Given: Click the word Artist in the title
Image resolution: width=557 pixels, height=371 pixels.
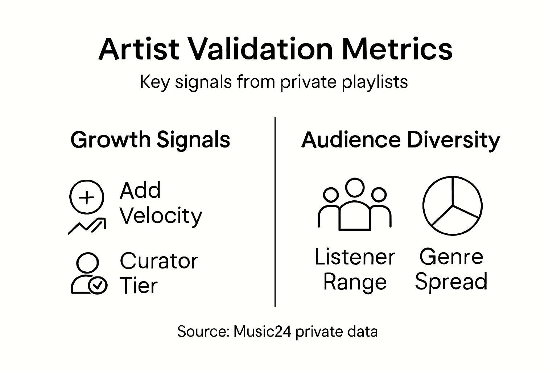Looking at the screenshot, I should (x=139, y=49).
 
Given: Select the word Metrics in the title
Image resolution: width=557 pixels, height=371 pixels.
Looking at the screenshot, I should (x=397, y=49).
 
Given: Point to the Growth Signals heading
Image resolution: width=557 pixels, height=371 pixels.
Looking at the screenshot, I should (x=150, y=140).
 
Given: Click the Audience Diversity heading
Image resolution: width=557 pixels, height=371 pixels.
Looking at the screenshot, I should (x=400, y=140).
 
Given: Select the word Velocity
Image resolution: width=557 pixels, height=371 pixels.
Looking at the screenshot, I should (x=161, y=216).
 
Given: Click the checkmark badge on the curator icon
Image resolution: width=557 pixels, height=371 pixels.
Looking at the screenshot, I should (x=98, y=285).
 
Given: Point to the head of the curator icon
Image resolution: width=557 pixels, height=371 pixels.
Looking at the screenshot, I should (x=87, y=263).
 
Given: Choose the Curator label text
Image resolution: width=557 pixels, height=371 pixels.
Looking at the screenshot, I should (x=159, y=261).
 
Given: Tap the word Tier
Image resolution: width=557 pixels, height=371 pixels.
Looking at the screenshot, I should (x=139, y=286).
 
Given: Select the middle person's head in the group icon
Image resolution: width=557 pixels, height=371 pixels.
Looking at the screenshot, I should (x=354, y=187).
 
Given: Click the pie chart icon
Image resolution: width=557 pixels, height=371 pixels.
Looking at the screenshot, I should (x=452, y=206).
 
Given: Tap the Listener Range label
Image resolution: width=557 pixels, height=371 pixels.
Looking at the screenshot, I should (x=355, y=270).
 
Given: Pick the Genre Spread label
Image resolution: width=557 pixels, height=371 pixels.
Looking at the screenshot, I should (x=451, y=270).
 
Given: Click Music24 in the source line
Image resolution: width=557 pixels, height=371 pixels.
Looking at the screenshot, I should (x=262, y=332).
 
